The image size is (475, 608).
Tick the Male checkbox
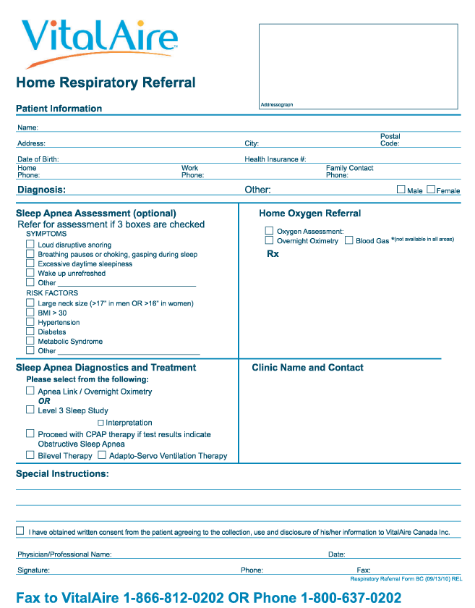(x=401, y=190)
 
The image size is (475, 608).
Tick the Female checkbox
(x=431, y=190)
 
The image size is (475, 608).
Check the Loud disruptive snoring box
(x=30, y=245)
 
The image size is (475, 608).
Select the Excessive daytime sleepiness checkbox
(x=30, y=263)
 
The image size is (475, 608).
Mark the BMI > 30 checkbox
(x=30, y=312)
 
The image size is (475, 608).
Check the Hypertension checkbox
(x=30, y=321)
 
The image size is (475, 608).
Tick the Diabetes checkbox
(x=30, y=331)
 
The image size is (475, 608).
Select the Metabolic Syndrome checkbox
(x=30, y=340)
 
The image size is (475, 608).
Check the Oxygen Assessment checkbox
(x=269, y=231)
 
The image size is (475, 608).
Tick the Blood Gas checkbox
(x=348, y=240)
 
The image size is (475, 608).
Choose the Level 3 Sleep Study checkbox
(x=30, y=410)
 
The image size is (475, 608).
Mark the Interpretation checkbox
(x=101, y=422)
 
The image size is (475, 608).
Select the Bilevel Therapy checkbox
(x=30, y=455)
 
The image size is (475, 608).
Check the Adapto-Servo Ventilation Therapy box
(x=102, y=455)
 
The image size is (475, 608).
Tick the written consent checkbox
(x=20, y=531)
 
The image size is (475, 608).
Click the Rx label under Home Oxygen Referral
(x=273, y=254)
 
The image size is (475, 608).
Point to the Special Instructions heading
(x=62, y=474)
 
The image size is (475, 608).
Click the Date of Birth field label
(x=38, y=159)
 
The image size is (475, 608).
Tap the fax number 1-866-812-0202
(x=174, y=598)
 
